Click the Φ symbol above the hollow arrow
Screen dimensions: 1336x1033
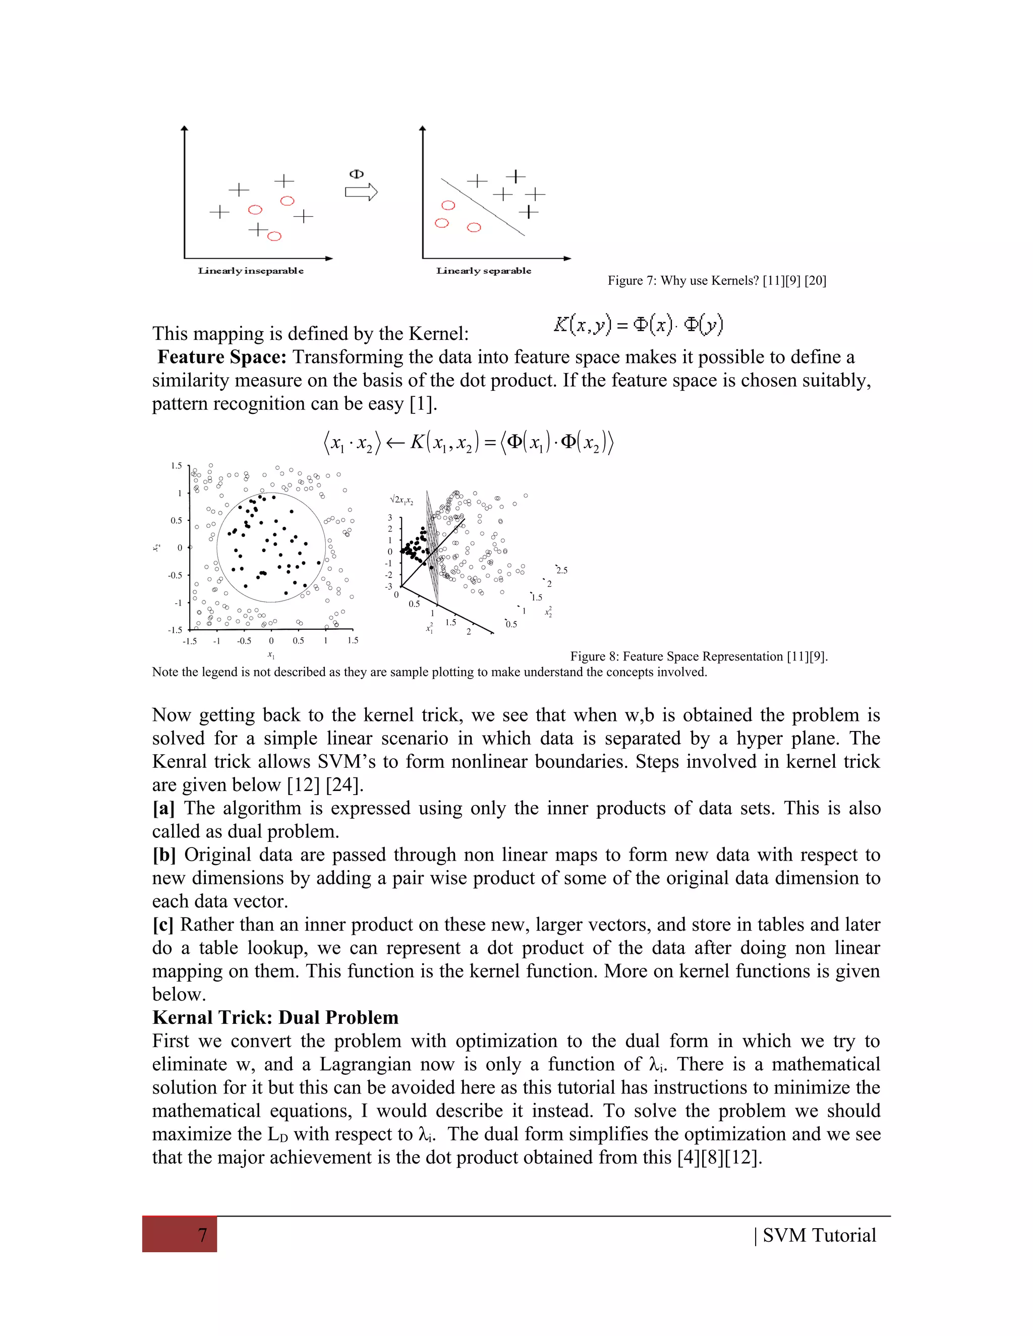(356, 174)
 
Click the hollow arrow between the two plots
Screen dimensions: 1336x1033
(361, 192)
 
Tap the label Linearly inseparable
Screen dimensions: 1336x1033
(250, 271)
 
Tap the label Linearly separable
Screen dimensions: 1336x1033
(483, 271)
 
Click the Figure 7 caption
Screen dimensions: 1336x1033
(717, 281)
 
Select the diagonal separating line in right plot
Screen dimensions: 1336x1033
(483, 207)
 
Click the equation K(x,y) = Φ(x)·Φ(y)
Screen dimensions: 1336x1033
(638, 324)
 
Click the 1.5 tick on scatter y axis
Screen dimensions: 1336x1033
(176, 466)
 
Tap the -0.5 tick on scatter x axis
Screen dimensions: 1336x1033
(244, 641)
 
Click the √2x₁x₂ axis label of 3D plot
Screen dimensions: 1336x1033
(401, 501)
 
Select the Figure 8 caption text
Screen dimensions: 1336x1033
(699, 656)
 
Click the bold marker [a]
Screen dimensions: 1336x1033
(163, 808)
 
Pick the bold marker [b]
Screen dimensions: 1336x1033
(164, 855)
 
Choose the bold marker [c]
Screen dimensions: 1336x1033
(163, 924)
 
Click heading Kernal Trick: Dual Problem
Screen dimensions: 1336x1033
(275, 1017)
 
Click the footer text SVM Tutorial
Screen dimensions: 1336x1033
(819, 1235)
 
